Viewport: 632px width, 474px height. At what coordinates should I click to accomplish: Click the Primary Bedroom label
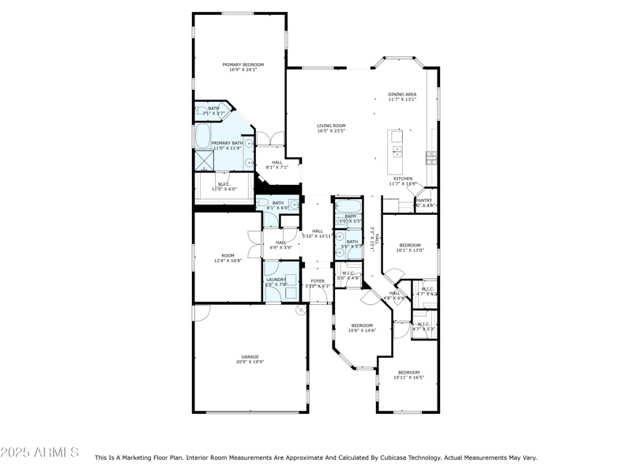point(243,65)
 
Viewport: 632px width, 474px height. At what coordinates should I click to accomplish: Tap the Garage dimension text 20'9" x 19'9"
point(250,361)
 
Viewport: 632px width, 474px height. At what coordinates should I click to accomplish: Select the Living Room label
point(331,126)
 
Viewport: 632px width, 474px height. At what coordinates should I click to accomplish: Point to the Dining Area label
point(402,94)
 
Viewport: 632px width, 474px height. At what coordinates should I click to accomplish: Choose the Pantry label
point(424,201)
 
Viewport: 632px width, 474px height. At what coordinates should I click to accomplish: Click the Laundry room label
point(276,279)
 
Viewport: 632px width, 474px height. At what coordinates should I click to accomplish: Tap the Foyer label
point(318,280)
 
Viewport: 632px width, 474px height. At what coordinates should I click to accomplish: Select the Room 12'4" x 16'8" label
point(228,255)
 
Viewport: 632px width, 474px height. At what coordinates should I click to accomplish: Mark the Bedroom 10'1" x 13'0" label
point(410,245)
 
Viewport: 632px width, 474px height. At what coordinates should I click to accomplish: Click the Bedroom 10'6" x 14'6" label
point(362,325)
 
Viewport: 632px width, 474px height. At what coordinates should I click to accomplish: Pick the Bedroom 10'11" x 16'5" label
point(408,372)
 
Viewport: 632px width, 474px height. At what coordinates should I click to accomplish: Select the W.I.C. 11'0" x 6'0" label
point(224,185)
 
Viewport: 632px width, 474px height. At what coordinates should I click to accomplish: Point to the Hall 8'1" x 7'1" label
point(276,163)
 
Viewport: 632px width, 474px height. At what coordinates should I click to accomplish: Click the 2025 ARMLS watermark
point(39,452)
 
